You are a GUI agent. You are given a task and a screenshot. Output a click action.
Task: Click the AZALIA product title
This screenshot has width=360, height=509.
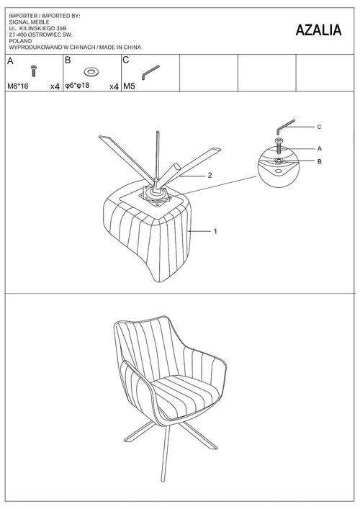click(x=318, y=30)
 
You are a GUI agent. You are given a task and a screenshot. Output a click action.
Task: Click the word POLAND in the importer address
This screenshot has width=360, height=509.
click(x=20, y=41)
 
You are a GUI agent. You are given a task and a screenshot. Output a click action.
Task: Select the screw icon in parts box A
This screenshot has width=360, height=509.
click(x=33, y=71)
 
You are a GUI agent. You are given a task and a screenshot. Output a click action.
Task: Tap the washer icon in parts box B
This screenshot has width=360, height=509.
click(x=91, y=71)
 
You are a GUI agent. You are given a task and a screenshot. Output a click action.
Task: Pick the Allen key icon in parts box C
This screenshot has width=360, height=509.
click(x=150, y=72)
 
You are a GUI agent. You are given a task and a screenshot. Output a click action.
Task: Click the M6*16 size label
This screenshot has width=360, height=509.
click(x=18, y=86)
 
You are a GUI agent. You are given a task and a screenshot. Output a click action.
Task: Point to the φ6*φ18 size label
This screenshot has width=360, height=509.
click(x=77, y=86)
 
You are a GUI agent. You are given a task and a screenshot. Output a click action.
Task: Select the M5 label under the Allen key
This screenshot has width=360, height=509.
click(x=129, y=86)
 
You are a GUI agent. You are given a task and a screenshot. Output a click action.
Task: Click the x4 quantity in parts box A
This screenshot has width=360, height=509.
click(x=55, y=86)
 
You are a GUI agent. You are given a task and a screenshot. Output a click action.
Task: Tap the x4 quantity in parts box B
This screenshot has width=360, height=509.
click(x=114, y=86)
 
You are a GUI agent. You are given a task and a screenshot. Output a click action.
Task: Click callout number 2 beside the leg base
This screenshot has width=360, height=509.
click(x=210, y=175)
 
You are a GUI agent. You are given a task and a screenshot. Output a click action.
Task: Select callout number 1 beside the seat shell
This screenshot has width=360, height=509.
click(x=215, y=231)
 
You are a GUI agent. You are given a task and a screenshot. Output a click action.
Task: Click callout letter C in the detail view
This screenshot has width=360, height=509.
click(x=319, y=127)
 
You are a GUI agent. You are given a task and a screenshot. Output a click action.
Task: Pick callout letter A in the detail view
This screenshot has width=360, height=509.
click(x=320, y=149)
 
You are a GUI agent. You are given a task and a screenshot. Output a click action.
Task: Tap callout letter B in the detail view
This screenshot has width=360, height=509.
click(x=320, y=161)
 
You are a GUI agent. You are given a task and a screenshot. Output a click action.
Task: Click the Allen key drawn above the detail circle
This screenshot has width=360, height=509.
click(x=285, y=127)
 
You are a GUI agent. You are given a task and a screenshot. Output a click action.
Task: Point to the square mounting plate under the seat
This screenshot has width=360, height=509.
click(x=156, y=197)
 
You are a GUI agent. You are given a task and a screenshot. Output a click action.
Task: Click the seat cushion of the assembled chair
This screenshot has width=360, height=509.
click(x=186, y=395)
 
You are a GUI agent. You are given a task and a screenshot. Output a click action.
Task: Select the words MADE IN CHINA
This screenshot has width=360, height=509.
click(x=120, y=48)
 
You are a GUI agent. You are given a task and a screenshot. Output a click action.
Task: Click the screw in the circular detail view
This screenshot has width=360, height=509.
click(x=279, y=146)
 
